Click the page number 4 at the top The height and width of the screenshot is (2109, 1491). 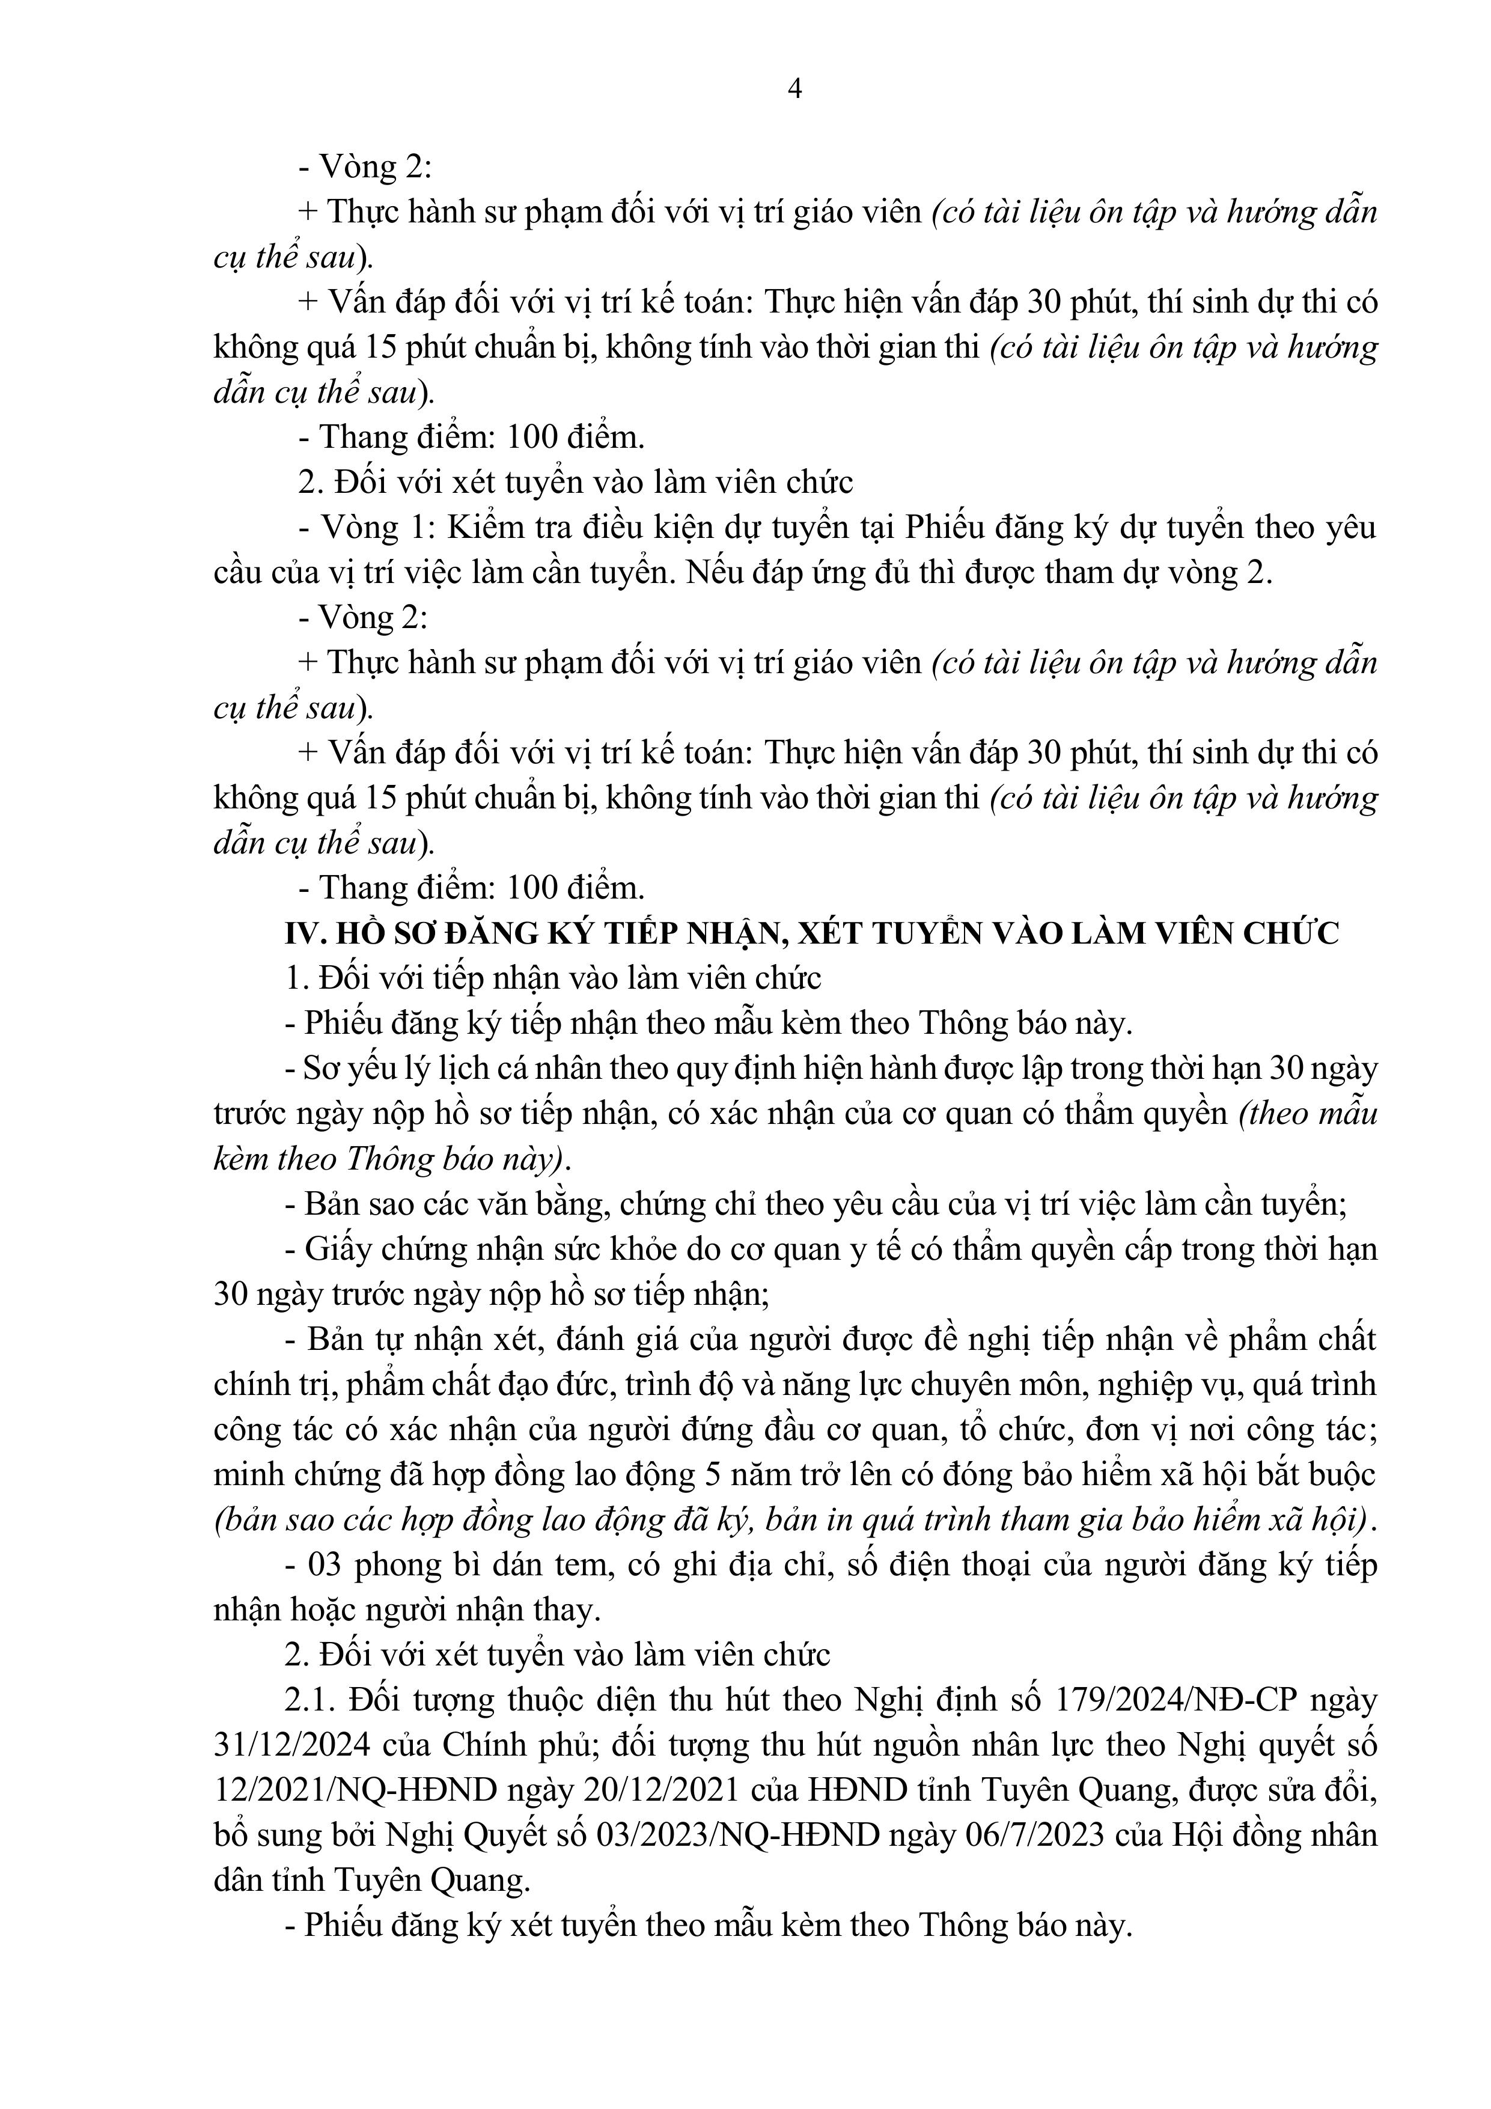pos(796,89)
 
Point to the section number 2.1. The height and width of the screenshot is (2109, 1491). pos(307,1700)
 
